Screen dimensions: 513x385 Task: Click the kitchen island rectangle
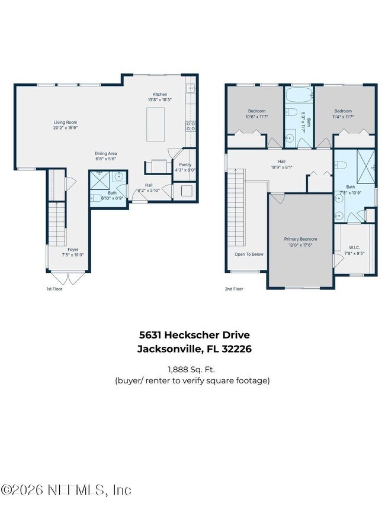(x=156, y=124)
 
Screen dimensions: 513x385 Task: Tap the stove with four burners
(x=191, y=125)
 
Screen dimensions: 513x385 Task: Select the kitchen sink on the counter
(x=191, y=90)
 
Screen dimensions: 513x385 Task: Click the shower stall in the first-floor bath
(x=98, y=178)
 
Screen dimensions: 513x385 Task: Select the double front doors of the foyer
(x=69, y=276)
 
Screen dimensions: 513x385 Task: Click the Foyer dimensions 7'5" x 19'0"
(x=72, y=255)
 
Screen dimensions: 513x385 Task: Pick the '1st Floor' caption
(x=54, y=289)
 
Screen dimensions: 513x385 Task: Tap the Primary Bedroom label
(x=300, y=239)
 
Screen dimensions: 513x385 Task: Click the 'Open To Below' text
(x=249, y=254)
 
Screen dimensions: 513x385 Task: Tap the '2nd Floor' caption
(x=233, y=289)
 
